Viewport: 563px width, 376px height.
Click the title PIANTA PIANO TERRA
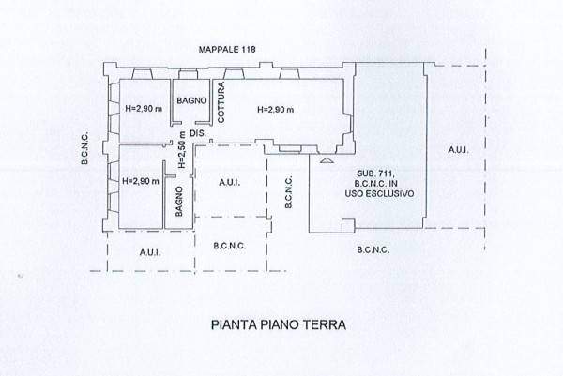(x=279, y=324)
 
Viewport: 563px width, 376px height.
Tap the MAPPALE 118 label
(x=227, y=49)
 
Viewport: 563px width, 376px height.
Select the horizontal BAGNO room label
(x=191, y=101)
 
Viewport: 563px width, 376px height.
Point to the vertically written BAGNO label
(x=179, y=202)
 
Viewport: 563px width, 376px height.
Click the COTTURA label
(x=221, y=102)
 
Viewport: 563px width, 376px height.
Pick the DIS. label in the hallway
(x=198, y=133)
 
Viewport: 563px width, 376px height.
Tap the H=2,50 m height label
(x=182, y=150)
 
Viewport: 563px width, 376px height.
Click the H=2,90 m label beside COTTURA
(x=275, y=110)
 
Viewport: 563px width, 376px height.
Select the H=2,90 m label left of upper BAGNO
(x=144, y=109)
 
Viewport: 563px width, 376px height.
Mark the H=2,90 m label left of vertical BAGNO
(x=141, y=181)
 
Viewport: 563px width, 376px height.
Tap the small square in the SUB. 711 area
(x=348, y=226)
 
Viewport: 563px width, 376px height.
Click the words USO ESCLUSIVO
(x=379, y=194)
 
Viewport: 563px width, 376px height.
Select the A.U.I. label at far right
(x=458, y=150)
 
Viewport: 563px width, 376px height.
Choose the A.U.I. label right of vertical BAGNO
(x=230, y=183)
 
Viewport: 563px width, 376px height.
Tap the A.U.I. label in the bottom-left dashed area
(x=150, y=253)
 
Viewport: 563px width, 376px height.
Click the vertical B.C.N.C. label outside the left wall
(x=84, y=149)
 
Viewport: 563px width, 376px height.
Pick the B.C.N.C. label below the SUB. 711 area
(x=373, y=250)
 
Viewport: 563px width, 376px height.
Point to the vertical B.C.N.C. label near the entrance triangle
(x=288, y=192)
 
